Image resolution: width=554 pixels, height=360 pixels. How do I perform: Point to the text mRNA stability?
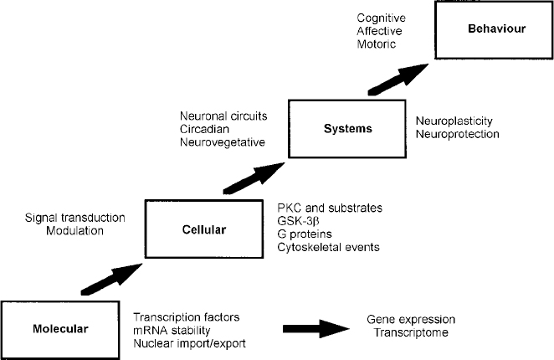pos(169,330)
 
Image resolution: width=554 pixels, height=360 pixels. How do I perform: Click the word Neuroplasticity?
pos(456,121)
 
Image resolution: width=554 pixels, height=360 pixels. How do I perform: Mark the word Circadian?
pos(205,129)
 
